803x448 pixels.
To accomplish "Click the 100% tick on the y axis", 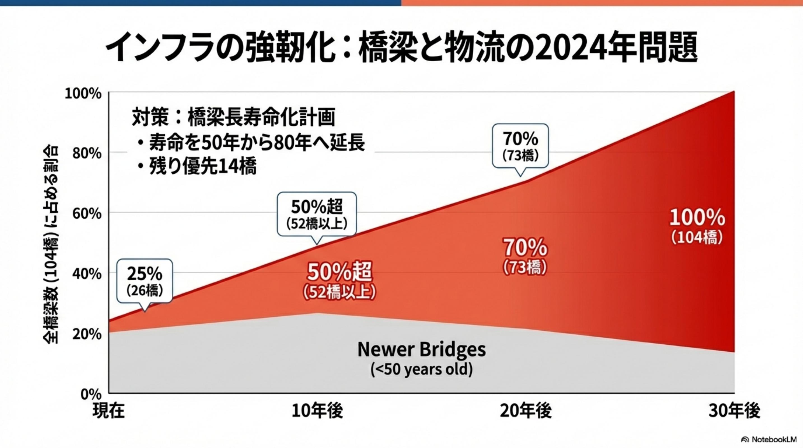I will [83, 94].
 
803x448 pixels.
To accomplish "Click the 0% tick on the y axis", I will [91, 395].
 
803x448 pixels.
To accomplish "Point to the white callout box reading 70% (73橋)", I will [520, 146].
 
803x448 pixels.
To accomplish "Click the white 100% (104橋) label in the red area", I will [697, 226].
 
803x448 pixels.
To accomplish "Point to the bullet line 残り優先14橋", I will [197, 166].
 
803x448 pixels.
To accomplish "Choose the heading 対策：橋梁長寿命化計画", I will [234, 117].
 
